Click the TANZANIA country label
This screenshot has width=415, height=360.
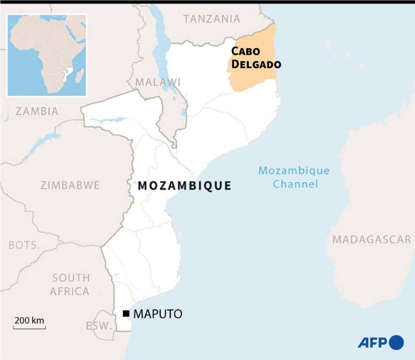pos(212,19)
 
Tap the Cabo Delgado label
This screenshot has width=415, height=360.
pos(256,58)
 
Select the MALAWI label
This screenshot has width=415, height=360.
pos(157,82)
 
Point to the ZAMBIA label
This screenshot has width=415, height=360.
pos(37,111)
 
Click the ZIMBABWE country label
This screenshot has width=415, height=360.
pos(70,185)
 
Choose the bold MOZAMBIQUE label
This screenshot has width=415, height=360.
pos(185,186)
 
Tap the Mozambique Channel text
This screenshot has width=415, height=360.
pos(294,177)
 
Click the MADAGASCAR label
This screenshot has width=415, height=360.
pos(372,239)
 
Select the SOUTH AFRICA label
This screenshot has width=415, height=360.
pos(70,284)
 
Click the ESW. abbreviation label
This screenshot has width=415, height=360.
pos(99,326)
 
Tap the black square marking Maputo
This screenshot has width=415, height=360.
pos(126,314)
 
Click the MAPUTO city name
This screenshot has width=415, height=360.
pos(158,314)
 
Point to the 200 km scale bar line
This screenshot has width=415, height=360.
pos(29,328)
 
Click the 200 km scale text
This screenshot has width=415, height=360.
pos(29,320)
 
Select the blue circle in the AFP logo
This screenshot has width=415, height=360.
pos(396,342)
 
